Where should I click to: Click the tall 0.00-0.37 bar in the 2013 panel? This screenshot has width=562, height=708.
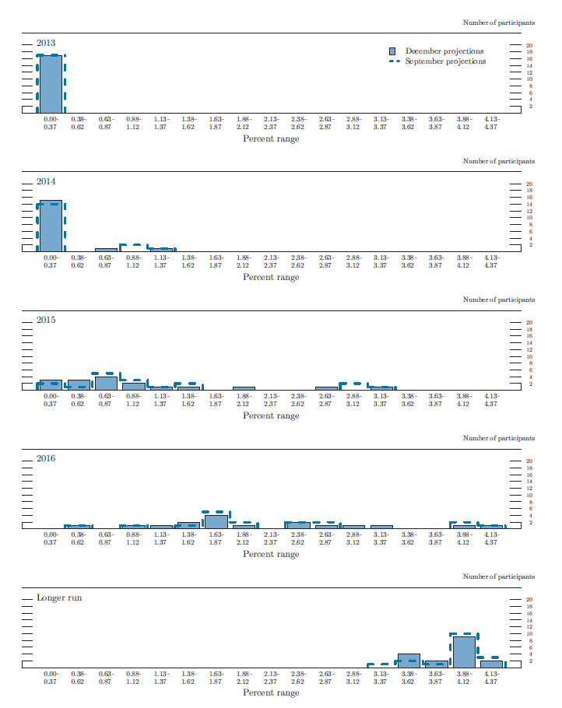pos(51,84)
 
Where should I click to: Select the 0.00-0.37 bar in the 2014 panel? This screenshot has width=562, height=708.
pos(51,226)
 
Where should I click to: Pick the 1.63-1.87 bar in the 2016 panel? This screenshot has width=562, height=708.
pos(216,521)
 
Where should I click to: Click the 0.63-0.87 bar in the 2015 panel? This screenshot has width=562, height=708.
pos(106,383)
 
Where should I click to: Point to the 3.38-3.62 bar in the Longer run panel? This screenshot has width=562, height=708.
pos(409,661)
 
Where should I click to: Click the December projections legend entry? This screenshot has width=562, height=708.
pos(444,51)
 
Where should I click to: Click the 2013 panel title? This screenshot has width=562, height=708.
pos(46,43)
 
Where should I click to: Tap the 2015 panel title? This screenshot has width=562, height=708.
pos(46,320)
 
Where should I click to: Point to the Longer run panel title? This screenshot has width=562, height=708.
pos(59,598)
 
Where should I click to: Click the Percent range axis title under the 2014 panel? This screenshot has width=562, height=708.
pos(271,278)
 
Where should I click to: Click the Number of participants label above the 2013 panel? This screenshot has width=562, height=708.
pos(499,23)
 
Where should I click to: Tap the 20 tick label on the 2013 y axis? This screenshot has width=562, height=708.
pos(529,45)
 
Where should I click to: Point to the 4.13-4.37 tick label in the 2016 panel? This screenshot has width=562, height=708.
pos(491,538)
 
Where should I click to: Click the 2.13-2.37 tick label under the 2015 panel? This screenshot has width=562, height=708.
pos(271,399)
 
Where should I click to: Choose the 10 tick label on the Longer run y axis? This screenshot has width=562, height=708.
pos(529,633)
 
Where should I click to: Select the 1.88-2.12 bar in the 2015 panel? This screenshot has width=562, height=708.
pos(244,387)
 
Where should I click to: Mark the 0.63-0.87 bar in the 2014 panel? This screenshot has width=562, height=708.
pos(106,250)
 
